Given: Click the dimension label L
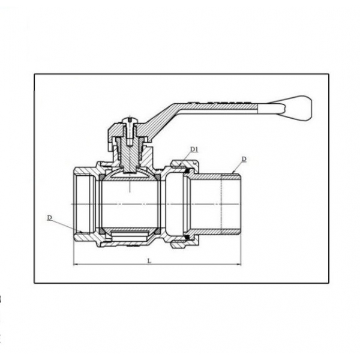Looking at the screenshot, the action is pos(149,261).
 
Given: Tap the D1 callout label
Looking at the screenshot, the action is pos(194,149).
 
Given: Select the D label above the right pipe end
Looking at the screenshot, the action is pos(244,159).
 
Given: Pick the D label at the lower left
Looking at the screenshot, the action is pos(49,217).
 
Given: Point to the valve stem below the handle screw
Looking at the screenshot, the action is pos(130,156).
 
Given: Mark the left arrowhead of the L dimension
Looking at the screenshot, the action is pos(75,265).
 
